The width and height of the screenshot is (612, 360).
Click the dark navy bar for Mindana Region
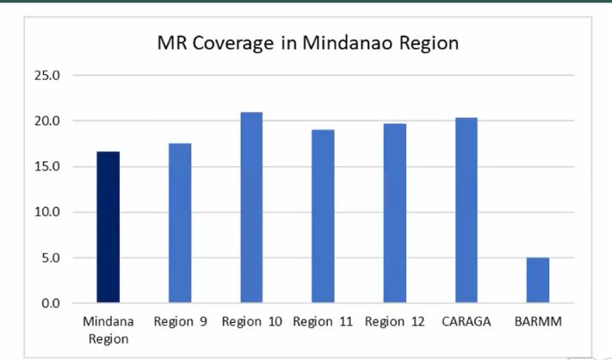[x=108, y=227]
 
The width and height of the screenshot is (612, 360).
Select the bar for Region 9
[x=179, y=223]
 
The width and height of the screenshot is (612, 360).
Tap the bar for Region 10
[x=251, y=208]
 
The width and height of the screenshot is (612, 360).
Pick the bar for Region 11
[x=323, y=216]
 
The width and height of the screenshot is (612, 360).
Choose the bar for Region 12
[x=394, y=214]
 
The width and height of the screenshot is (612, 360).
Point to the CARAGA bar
[x=466, y=210]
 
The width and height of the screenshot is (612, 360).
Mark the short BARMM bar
[x=538, y=280]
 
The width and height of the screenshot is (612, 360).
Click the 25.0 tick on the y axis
[x=46, y=75]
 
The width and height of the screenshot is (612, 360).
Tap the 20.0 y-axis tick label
[x=46, y=121]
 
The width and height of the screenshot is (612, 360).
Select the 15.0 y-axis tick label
[x=46, y=166]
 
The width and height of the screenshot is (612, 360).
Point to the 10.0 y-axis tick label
[x=46, y=212]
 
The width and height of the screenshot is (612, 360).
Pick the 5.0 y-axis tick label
[x=50, y=258]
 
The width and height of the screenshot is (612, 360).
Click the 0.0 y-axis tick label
[x=50, y=303]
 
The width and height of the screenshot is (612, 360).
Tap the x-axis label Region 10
[x=251, y=323]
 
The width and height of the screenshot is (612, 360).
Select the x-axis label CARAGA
[x=466, y=323]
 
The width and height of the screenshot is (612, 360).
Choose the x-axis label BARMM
[x=538, y=323]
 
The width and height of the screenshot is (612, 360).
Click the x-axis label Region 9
[x=180, y=323]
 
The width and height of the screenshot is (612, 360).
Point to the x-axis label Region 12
[x=394, y=323]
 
